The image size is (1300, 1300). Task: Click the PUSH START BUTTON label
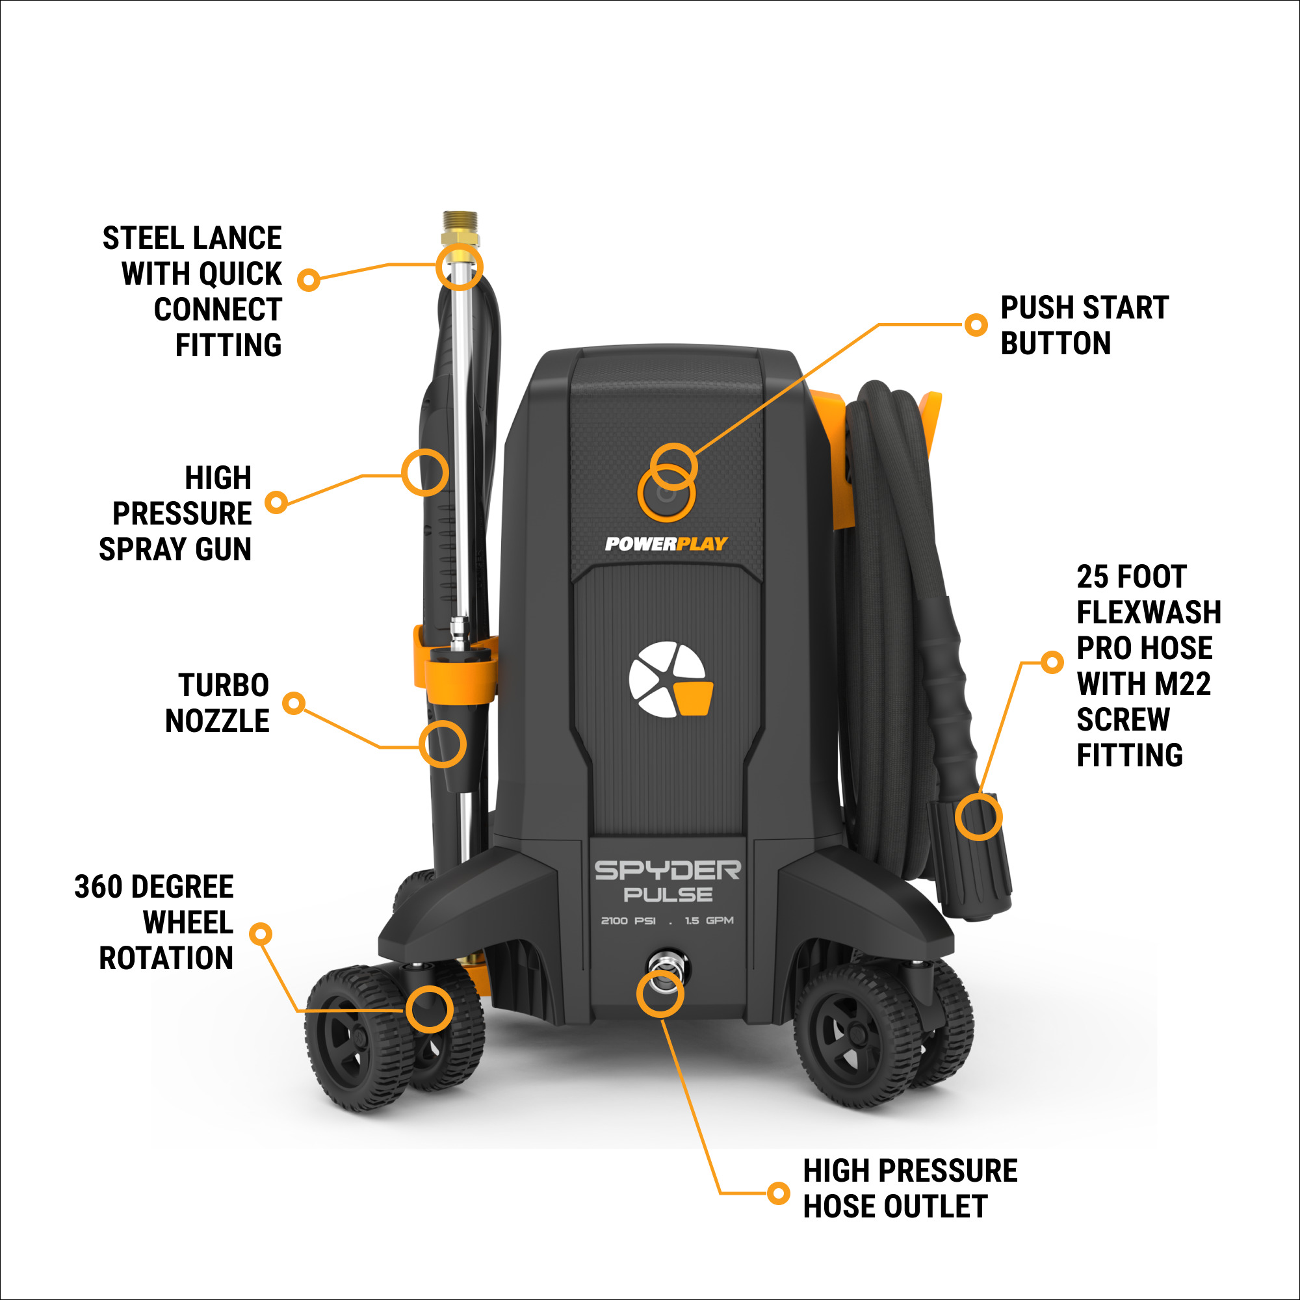coord(1084,325)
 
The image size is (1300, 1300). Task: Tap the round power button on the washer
coord(666,495)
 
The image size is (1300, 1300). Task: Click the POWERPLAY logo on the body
coord(666,543)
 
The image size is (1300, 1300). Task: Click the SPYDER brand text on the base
coord(668,871)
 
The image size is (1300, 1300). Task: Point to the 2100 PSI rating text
coord(628,920)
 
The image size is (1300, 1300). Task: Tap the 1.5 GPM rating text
coord(709,920)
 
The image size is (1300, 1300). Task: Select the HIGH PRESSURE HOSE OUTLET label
coord(910,1188)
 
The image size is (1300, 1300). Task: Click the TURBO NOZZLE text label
coord(217,703)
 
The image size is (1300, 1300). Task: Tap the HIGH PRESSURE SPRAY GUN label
coord(176,513)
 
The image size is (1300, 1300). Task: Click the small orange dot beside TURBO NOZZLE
coord(294,703)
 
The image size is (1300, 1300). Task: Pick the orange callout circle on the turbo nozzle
coord(443,744)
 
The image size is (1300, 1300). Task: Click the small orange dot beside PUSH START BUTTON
coord(975,325)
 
